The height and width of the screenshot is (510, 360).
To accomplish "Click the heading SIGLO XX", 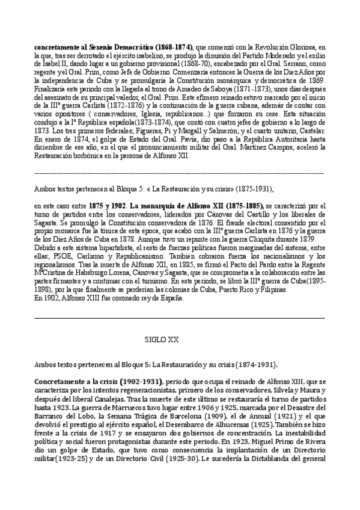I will [x=162, y=339].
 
